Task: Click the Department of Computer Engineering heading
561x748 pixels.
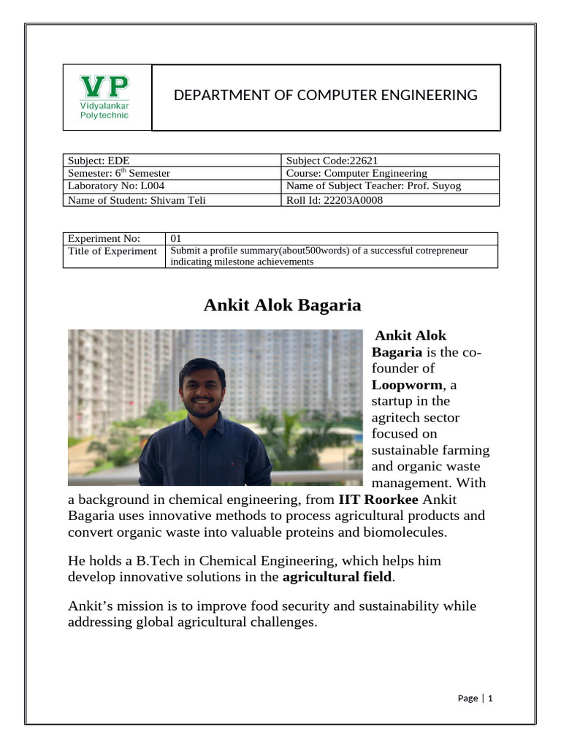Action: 325,95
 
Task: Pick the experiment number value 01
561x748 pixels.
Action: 176,238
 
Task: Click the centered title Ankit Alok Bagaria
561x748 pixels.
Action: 282,305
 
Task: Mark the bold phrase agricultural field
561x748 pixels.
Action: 337,577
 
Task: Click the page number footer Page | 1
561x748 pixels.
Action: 476,698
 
